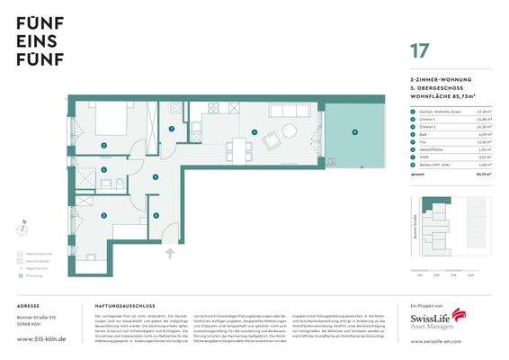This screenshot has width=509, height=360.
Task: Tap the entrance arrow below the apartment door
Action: [170, 253]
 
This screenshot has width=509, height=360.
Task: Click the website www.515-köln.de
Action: [40, 342]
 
